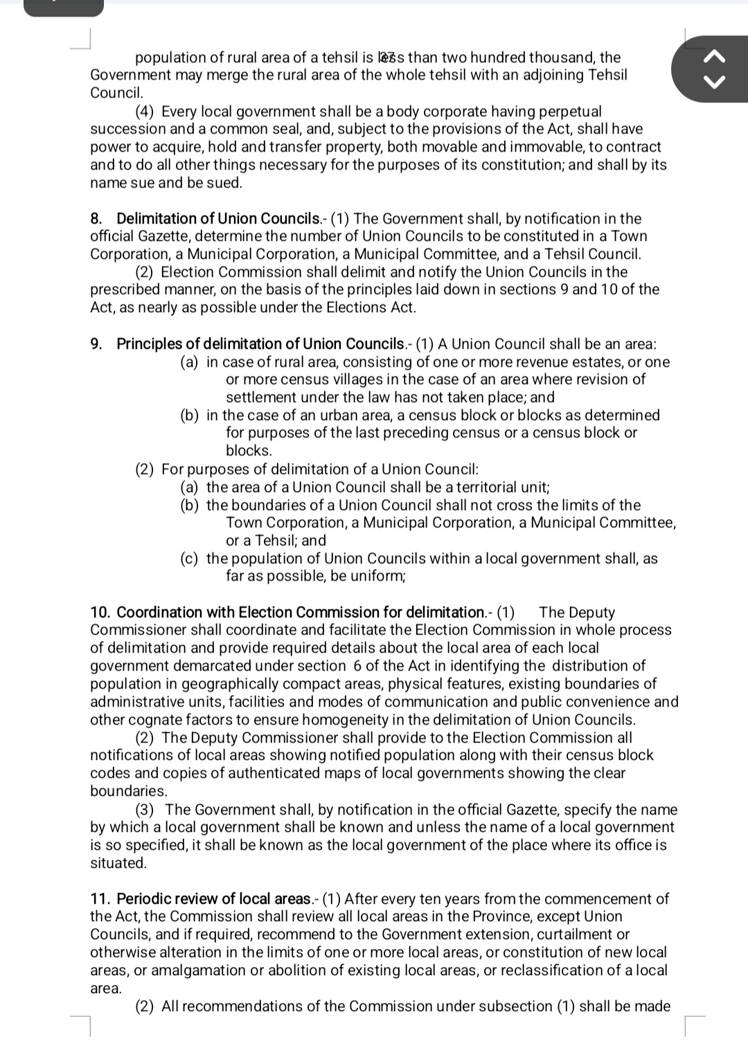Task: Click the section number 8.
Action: [x=96, y=219]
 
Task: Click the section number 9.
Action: [x=96, y=344]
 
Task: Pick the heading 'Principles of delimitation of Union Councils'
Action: [x=260, y=344]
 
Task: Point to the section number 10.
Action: [x=100, y=613]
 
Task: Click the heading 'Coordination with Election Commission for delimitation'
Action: [x=301, y=613]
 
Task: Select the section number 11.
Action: [x=100, y=899]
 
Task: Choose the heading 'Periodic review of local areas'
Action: [x=213, y=899]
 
